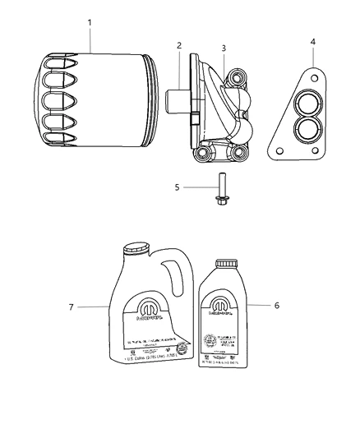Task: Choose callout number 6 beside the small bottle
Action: [x=276, y=304]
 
